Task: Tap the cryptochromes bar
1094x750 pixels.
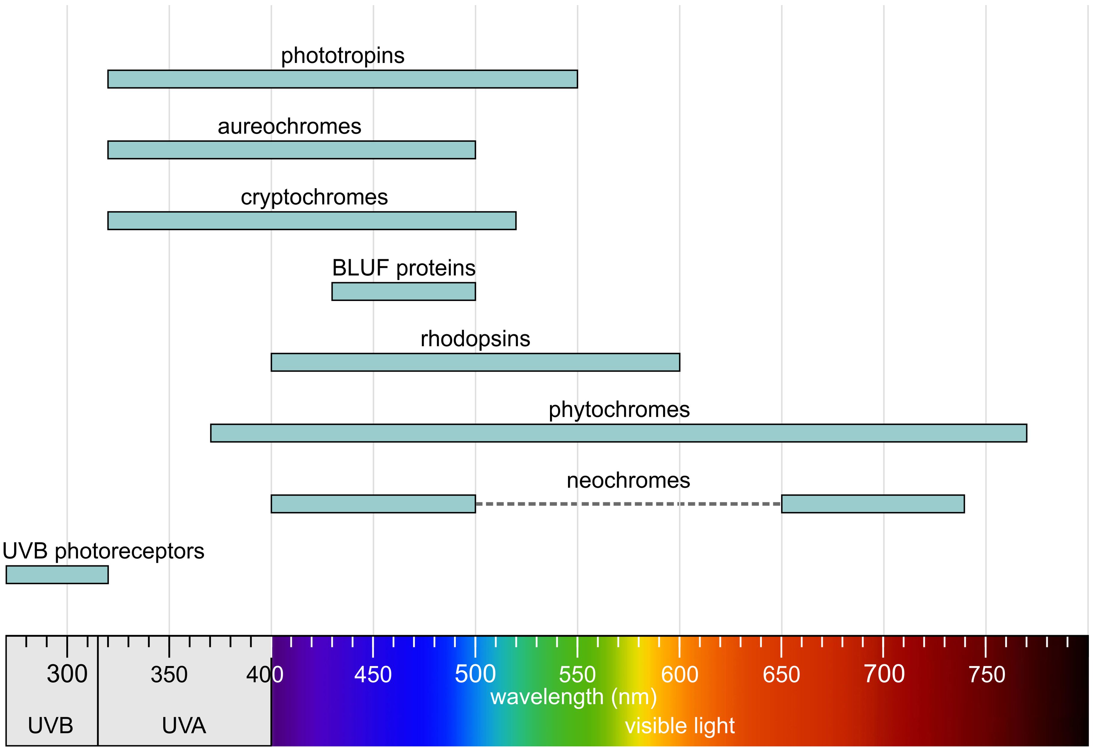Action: pyautogui.click(x=312, y=220)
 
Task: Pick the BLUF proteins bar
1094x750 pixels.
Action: pyautogui.click(x=403, y=291)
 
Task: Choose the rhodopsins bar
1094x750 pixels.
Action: pyautogui.click(x=475, y=362)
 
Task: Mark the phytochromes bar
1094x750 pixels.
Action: pyautogui.click(x=619, y=433)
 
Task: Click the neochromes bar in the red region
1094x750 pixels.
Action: pyautogui.click(x=873, y=504)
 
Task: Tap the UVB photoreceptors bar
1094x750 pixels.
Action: pyautogui.click(x=57, y=575)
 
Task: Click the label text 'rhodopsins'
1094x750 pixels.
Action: pyautogui.click(x=475, y=339)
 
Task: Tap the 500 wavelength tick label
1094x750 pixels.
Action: pyautogui.click(x=475, y=674)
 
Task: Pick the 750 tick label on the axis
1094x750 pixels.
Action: pyautogui.click(x=986, y=674)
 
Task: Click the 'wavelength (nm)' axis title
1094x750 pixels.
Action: pyautogui.click(x=573, y=697)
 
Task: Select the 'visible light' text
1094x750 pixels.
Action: pyautogui.click(x=679, y=726)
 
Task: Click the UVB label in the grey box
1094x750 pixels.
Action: pyautogui.click(x=50, y=726)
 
